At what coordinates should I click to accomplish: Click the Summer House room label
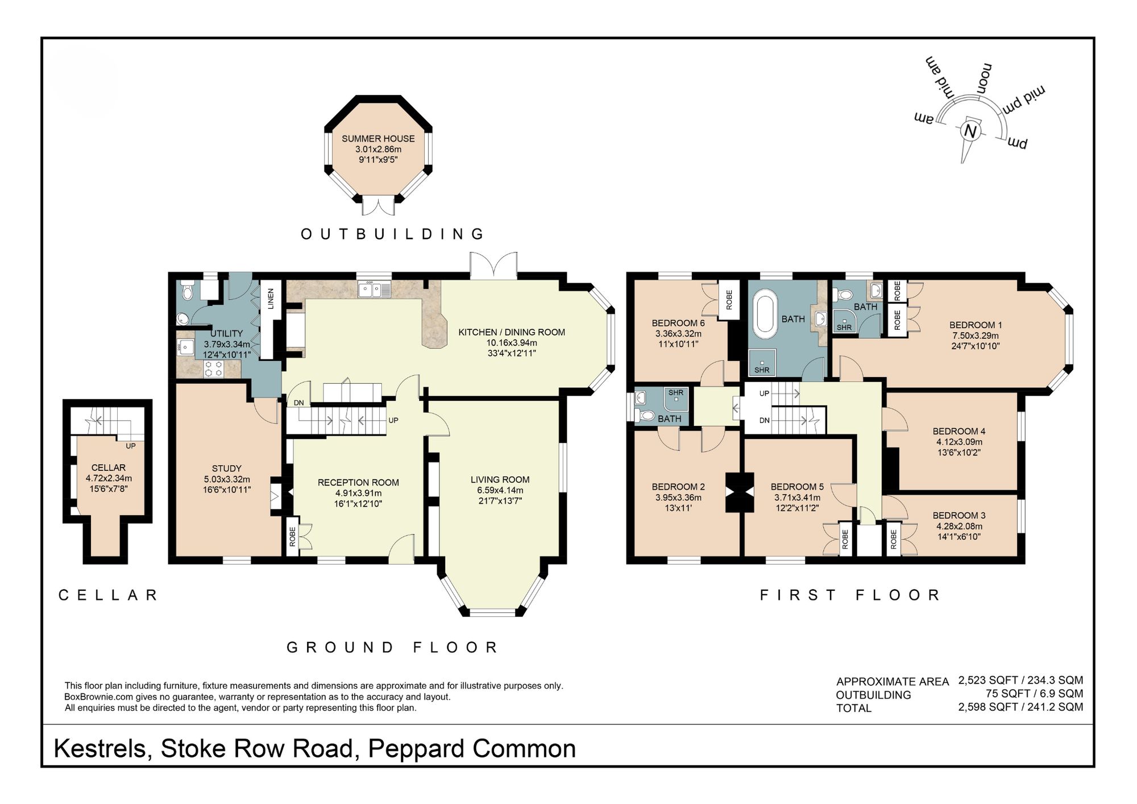(378, 139)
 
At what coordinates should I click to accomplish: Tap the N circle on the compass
(970, 131)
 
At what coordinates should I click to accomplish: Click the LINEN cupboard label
(271, 299)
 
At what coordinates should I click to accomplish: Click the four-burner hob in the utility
(214, 368)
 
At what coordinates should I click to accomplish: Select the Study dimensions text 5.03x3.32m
(227, 479)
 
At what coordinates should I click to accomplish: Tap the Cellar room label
(108, 467)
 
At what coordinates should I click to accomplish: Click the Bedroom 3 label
(959, 516)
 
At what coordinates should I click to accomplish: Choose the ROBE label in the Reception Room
(292, 537)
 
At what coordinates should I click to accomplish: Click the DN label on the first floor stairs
(765, 420)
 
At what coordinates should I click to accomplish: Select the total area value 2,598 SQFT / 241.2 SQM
(1020, 707)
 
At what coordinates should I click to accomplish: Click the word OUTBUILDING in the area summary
(873, 695)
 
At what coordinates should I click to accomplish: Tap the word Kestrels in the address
(100, 749)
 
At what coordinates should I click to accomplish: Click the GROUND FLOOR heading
(392, 647)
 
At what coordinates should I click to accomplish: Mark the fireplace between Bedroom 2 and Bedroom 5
(740, 492)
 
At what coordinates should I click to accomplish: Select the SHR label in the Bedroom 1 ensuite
(844, 328)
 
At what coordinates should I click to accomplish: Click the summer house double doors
(379, 206)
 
